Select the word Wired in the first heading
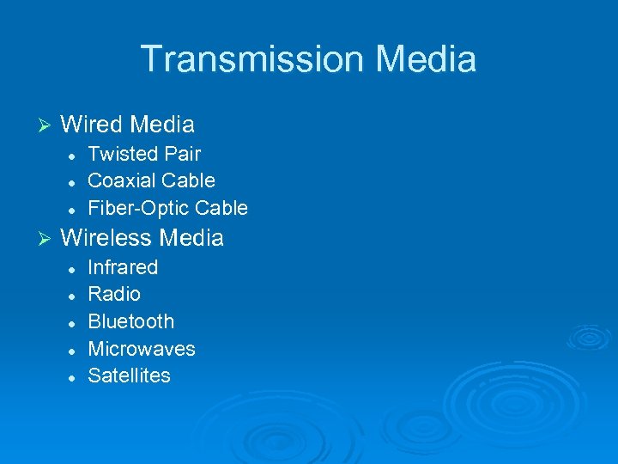pyautogui.click(x=92, y=125)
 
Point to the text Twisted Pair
pyautogui.click(x=144, y=155)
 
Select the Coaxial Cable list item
pyautogui.click(x=151, y=181)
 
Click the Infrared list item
pyautogui.click(x=123, y=267)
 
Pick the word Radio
pyautogui.click(x=114, y=295)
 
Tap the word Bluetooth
pyautogui.click(x=130, y=322)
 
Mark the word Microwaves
pyautogui.click(x=142, y=350)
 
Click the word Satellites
pyautogui.click(x=129, y=376)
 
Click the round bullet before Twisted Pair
pyautogui.click(x=73, y=156)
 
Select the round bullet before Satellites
pyautogui.click(x=73, y=377)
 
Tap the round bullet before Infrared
pyautogui.click(x=73, y=268)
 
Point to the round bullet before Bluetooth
pyautogui.click(x=73, y=323)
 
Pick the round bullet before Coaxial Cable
pyautogui.click(x=73, y=182)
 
